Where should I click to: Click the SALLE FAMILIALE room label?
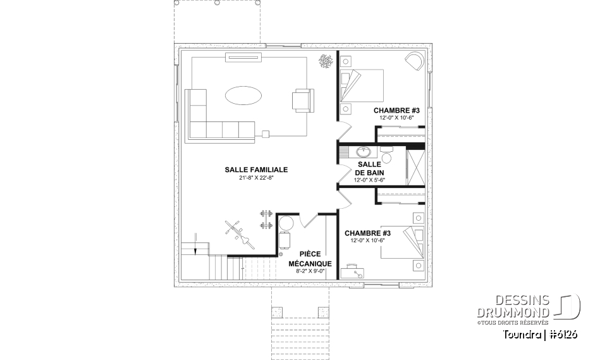(x=256, y=170)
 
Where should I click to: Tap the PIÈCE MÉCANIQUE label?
(x=310, y=259)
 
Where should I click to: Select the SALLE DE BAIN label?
(x=369, y=168)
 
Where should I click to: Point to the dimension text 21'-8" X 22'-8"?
(x=256, y=178)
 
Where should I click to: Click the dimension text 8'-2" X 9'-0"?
(x=310, y=271)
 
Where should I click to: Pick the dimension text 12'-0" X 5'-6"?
(x=369, y=180)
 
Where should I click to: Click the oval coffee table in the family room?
(x=243, y=96)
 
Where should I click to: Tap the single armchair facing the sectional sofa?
(x=302, y=101)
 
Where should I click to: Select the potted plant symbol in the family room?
(x=326, y=61)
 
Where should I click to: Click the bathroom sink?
(x=364, y=152)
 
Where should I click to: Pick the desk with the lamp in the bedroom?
(x=353, y=273)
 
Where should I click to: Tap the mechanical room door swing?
(x=310, y=220)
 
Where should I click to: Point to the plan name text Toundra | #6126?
(x=541, y=334)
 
